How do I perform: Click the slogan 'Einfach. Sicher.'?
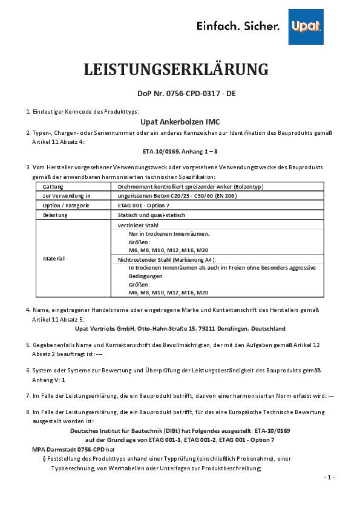click(x=237, y=27)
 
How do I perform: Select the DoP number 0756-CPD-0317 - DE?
click(x=180, y=94)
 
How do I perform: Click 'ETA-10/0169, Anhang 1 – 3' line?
click(x=180, y=151)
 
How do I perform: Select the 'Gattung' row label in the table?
click(x=53, y=187)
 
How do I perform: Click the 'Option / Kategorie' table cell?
click(x=65, y=206)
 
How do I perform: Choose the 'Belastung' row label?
click(x=55, y=215)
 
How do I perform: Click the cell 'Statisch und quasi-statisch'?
click(x=151, y=215)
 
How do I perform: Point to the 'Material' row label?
click(x=54, y=258)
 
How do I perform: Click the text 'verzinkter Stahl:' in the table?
click(x=139, y=224)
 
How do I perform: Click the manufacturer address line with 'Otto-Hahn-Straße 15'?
click(x=180, y=328)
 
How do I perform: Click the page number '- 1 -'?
click(x=329, y=477)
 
